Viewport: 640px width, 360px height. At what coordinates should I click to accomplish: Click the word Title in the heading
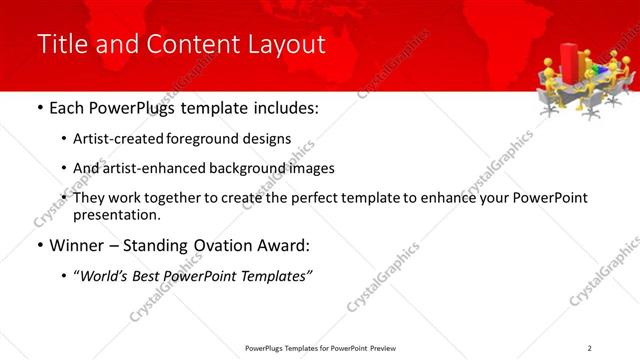pos(61,45)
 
